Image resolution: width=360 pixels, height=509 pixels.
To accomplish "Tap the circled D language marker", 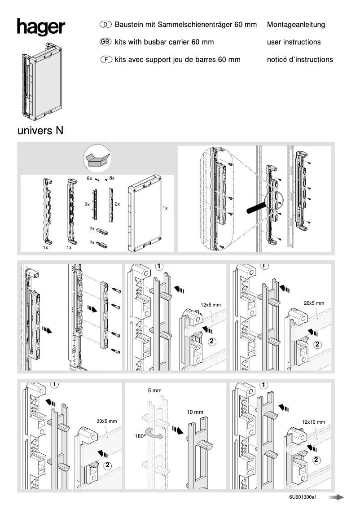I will click(105, 25).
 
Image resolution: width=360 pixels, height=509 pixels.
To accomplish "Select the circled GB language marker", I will click(105, 42).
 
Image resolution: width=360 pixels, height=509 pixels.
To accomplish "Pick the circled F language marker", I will click(105, 59).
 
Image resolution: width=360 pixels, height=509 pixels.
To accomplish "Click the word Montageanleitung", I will click(296, 25).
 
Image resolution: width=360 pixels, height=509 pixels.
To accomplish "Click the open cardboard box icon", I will click(97, 158).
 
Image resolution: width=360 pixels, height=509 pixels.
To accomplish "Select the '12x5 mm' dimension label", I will click(211, 305).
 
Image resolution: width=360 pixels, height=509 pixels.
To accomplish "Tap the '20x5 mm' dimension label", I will click(314, 303).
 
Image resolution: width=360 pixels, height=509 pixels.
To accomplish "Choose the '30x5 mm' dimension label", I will click(106, 421).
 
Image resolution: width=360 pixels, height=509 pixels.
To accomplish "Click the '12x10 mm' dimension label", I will click(313, 422).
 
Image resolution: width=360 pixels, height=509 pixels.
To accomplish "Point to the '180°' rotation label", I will click(140, 436).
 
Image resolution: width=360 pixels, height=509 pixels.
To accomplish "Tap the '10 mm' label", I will click(195, 412).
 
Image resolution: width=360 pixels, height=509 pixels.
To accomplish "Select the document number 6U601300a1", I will click(303, 497).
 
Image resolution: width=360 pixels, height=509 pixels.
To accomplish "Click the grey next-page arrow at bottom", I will click(336, 497).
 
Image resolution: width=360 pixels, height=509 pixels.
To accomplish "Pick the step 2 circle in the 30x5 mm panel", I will click(109, 464).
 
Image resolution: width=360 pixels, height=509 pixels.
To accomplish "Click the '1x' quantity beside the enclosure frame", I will click(165, 208).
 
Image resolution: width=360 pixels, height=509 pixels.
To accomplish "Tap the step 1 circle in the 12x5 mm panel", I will click(159, 266).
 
